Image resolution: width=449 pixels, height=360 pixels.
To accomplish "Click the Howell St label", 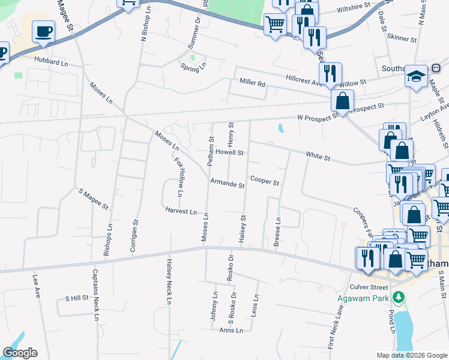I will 230,153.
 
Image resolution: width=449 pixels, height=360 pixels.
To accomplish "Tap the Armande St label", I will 227,185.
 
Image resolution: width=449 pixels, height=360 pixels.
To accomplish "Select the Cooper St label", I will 265,181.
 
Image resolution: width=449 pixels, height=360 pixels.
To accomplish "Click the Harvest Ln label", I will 181,211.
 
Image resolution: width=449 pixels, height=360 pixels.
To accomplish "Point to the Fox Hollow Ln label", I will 179,178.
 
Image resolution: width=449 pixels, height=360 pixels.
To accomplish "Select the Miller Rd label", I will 252,82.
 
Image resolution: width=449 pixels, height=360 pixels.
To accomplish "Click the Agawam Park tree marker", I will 397,297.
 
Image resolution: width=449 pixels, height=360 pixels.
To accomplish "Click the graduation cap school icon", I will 416,76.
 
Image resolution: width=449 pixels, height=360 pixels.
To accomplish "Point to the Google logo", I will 19,353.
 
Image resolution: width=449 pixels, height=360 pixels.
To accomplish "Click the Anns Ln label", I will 231,330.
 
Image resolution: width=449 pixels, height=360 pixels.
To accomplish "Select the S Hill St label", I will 76,298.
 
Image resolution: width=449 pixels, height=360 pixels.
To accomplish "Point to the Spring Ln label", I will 193,67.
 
